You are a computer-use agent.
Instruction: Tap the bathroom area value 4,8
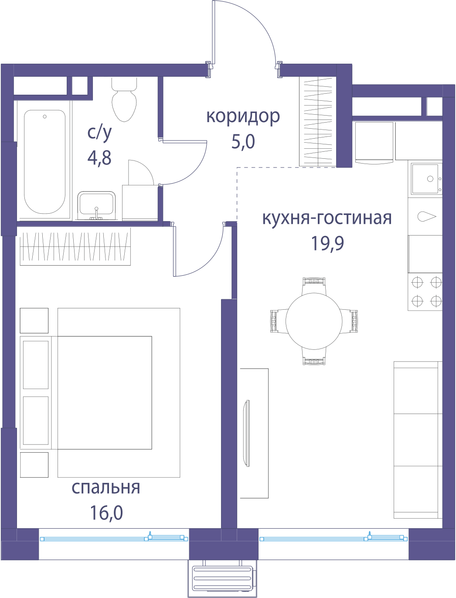tap(99, 157)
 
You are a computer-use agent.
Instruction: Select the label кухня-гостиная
tap(327, 218)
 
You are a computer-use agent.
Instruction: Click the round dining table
tap(314, 321)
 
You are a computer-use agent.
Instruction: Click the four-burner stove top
tap(425, 292)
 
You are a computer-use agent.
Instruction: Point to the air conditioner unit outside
tap(222, 579)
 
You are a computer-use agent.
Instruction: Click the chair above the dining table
tap(314, 286)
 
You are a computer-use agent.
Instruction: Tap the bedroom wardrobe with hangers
tap(75, 246)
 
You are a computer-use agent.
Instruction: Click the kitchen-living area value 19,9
tap(327, 243)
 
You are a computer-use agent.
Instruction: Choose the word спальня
tap(106, 488)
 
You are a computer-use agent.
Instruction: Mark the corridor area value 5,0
tap(243, 142)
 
